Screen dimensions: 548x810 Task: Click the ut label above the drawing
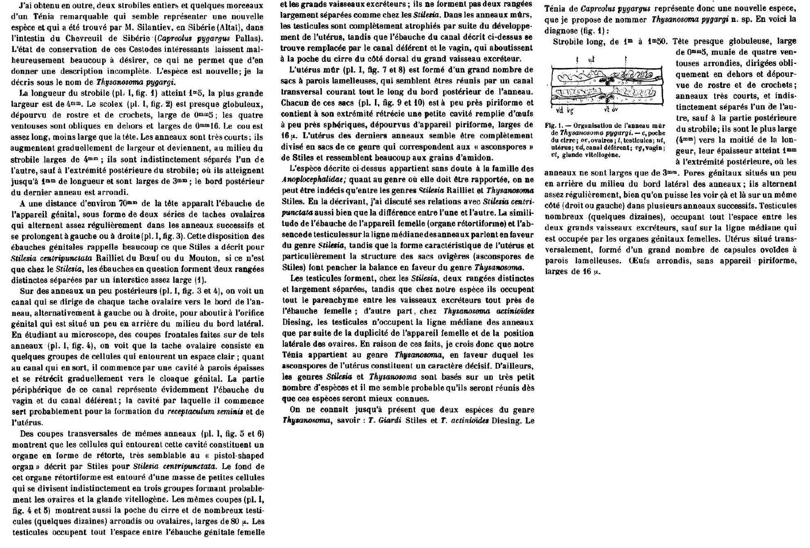591,60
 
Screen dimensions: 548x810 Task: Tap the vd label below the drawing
560,110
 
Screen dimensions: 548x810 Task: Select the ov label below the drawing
614,110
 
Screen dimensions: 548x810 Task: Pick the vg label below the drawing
570,110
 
